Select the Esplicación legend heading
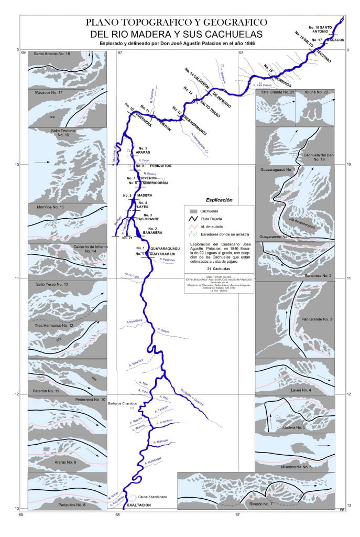[x=219, y=200]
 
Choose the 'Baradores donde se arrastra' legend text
[x=227, y=234]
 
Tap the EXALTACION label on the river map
[x=138, y=505]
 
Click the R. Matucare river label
[x=161, y=442]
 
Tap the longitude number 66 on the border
[x=342, y=509]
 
